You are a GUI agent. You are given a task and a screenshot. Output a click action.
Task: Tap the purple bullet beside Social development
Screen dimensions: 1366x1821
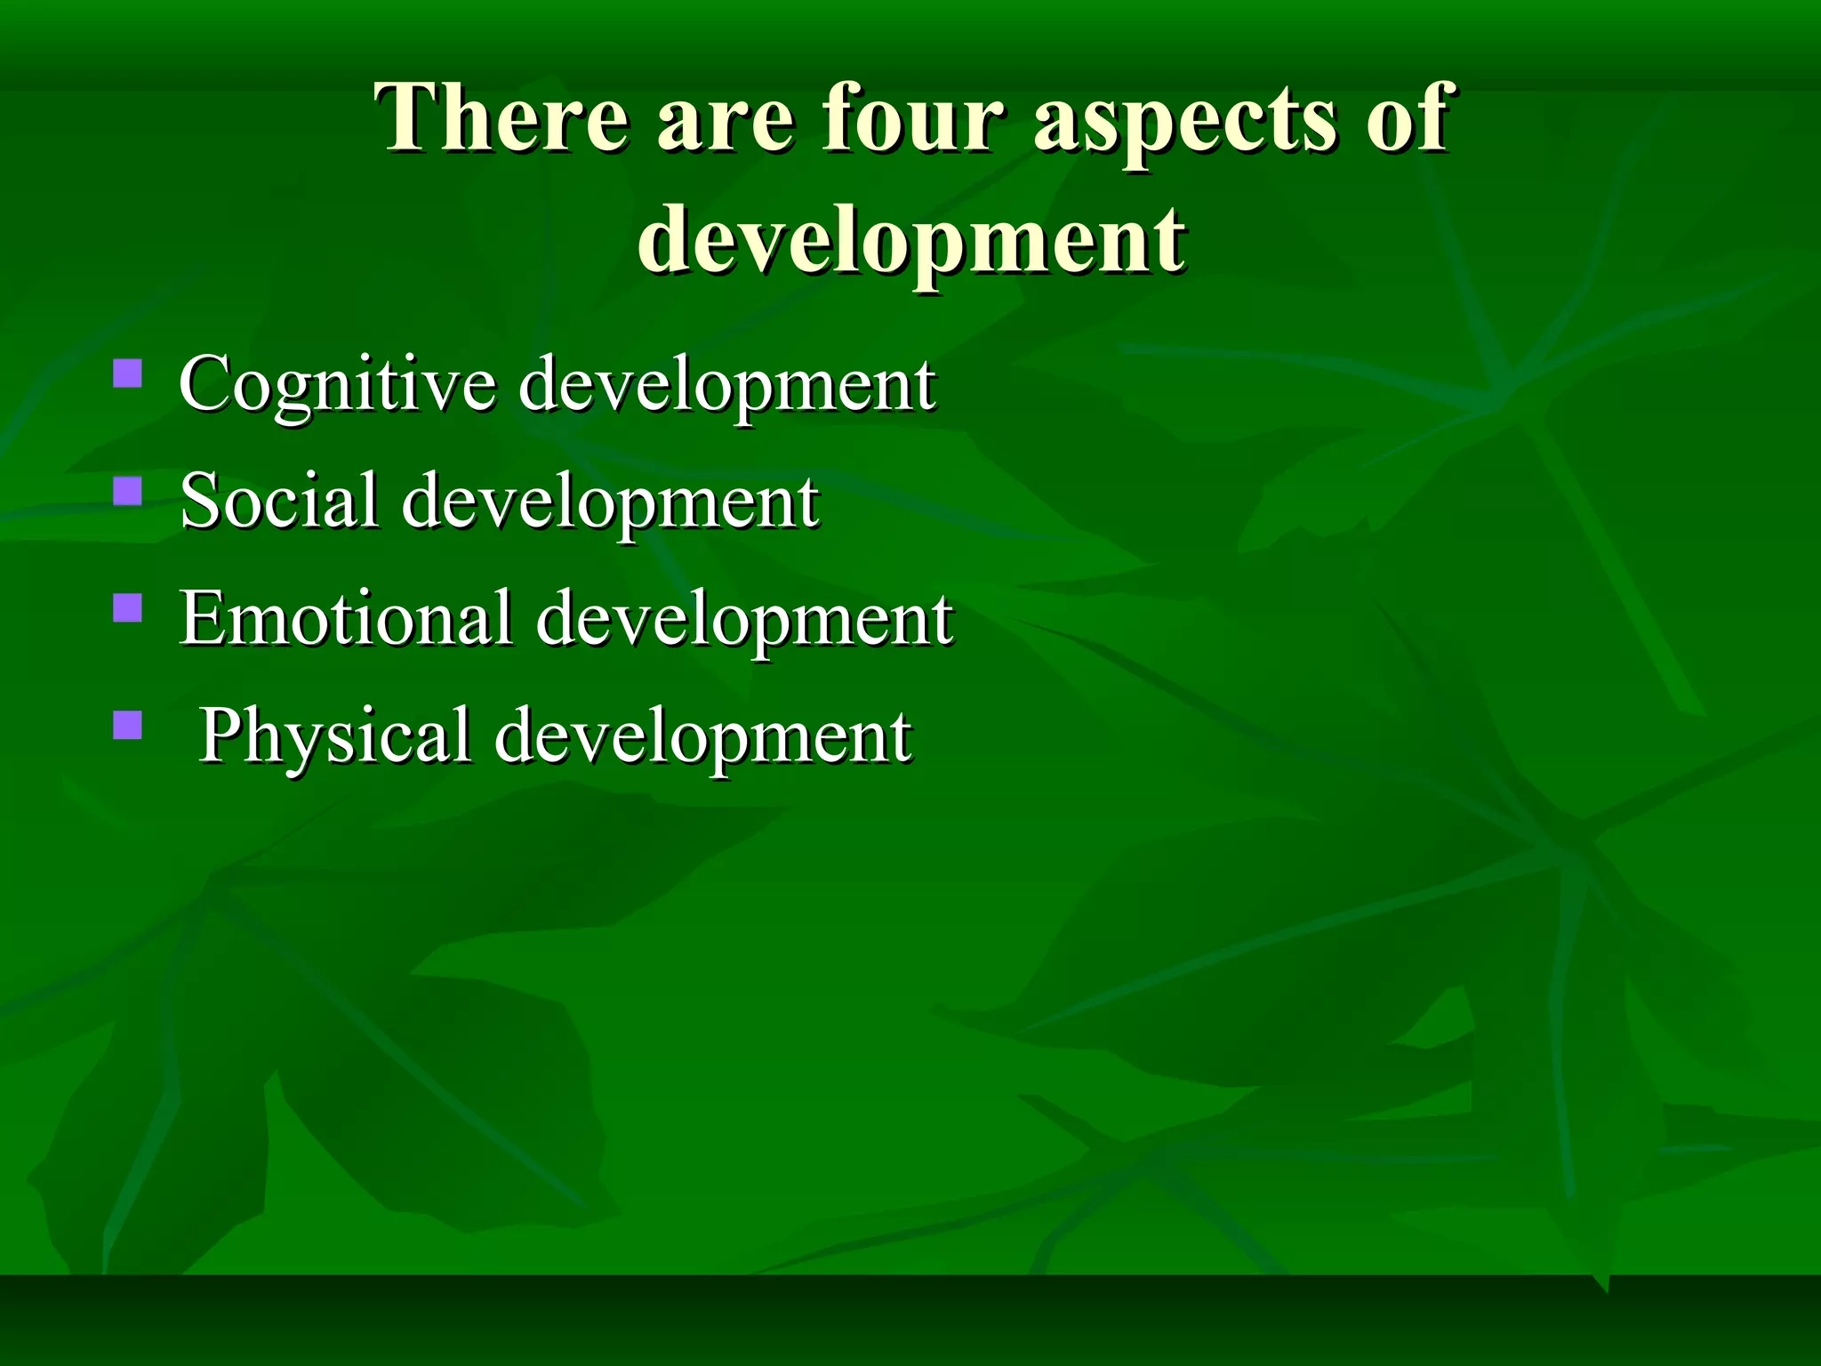(128, 491)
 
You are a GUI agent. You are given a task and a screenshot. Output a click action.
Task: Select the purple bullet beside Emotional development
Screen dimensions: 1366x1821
(128, 607)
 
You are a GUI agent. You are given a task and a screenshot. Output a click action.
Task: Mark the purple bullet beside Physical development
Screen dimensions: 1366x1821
(128, 726)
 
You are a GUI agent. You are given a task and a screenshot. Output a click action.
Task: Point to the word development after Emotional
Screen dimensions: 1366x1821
(744, 619)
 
